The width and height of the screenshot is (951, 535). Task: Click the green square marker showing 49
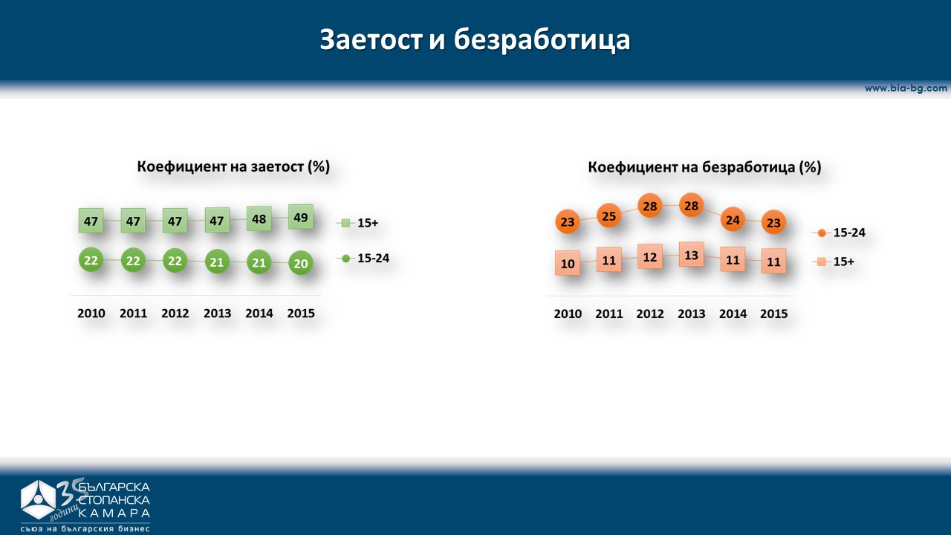coord(301,217)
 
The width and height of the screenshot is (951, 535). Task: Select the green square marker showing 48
coord(259,218)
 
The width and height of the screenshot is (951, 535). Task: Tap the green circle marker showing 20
coord(301,263)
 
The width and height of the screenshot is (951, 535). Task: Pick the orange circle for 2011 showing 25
coord(608,215)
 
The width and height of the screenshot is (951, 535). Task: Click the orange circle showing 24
coord(733,219)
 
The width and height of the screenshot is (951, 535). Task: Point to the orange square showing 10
coord(568,263)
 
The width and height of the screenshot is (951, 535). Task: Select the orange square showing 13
coord(691,255)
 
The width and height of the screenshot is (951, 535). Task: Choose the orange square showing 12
coord(650,256)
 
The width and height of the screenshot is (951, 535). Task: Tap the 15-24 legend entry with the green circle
coord(363,258)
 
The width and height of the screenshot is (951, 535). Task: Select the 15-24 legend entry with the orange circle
coord(839,233)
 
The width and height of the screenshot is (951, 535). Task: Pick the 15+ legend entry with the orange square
coord(834,262)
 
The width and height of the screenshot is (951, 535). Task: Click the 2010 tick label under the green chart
coord(91,314)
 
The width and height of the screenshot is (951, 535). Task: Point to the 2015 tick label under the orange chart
coord(774,314)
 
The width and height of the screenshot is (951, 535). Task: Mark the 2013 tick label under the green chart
coord(218,314)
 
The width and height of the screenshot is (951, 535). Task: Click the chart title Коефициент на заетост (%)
coord(233,166)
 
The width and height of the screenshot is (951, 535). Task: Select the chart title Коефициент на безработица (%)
coord(705,167)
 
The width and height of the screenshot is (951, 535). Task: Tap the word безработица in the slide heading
coord(542,40)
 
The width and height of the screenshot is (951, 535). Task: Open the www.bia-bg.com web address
coord(906,88)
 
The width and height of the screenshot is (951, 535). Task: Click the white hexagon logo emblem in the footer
coord(38,500)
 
